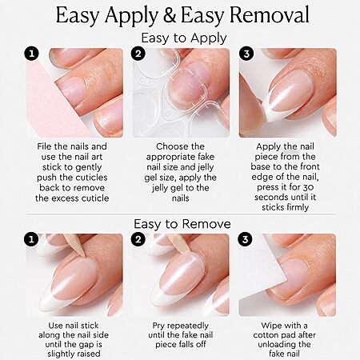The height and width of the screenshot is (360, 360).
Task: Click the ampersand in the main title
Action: [x=170, y=15]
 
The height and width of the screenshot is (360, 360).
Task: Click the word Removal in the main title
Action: [x=270, y=14]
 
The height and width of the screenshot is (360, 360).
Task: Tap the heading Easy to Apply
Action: [x=184, y=38]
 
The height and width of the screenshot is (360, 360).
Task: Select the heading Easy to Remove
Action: [x=182, y=224]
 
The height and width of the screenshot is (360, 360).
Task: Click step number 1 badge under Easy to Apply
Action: [x=32, y=54]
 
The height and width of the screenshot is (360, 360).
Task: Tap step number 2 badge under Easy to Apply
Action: [x=138, y=54]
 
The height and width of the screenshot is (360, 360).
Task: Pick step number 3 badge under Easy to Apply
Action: [x=246, y=54]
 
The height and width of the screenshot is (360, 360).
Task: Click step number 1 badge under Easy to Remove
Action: [x=31, y=239]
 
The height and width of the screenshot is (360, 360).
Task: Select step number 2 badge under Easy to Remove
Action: [x=138, y=239]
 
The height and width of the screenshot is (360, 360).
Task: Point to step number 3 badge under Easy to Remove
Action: [x=245, y=239]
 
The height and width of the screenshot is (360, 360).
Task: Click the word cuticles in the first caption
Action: [x=90, y=178]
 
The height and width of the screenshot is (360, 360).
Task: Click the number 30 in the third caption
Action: [x=308, y=187]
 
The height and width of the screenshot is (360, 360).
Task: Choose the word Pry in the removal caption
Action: [x=158, y=326]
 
